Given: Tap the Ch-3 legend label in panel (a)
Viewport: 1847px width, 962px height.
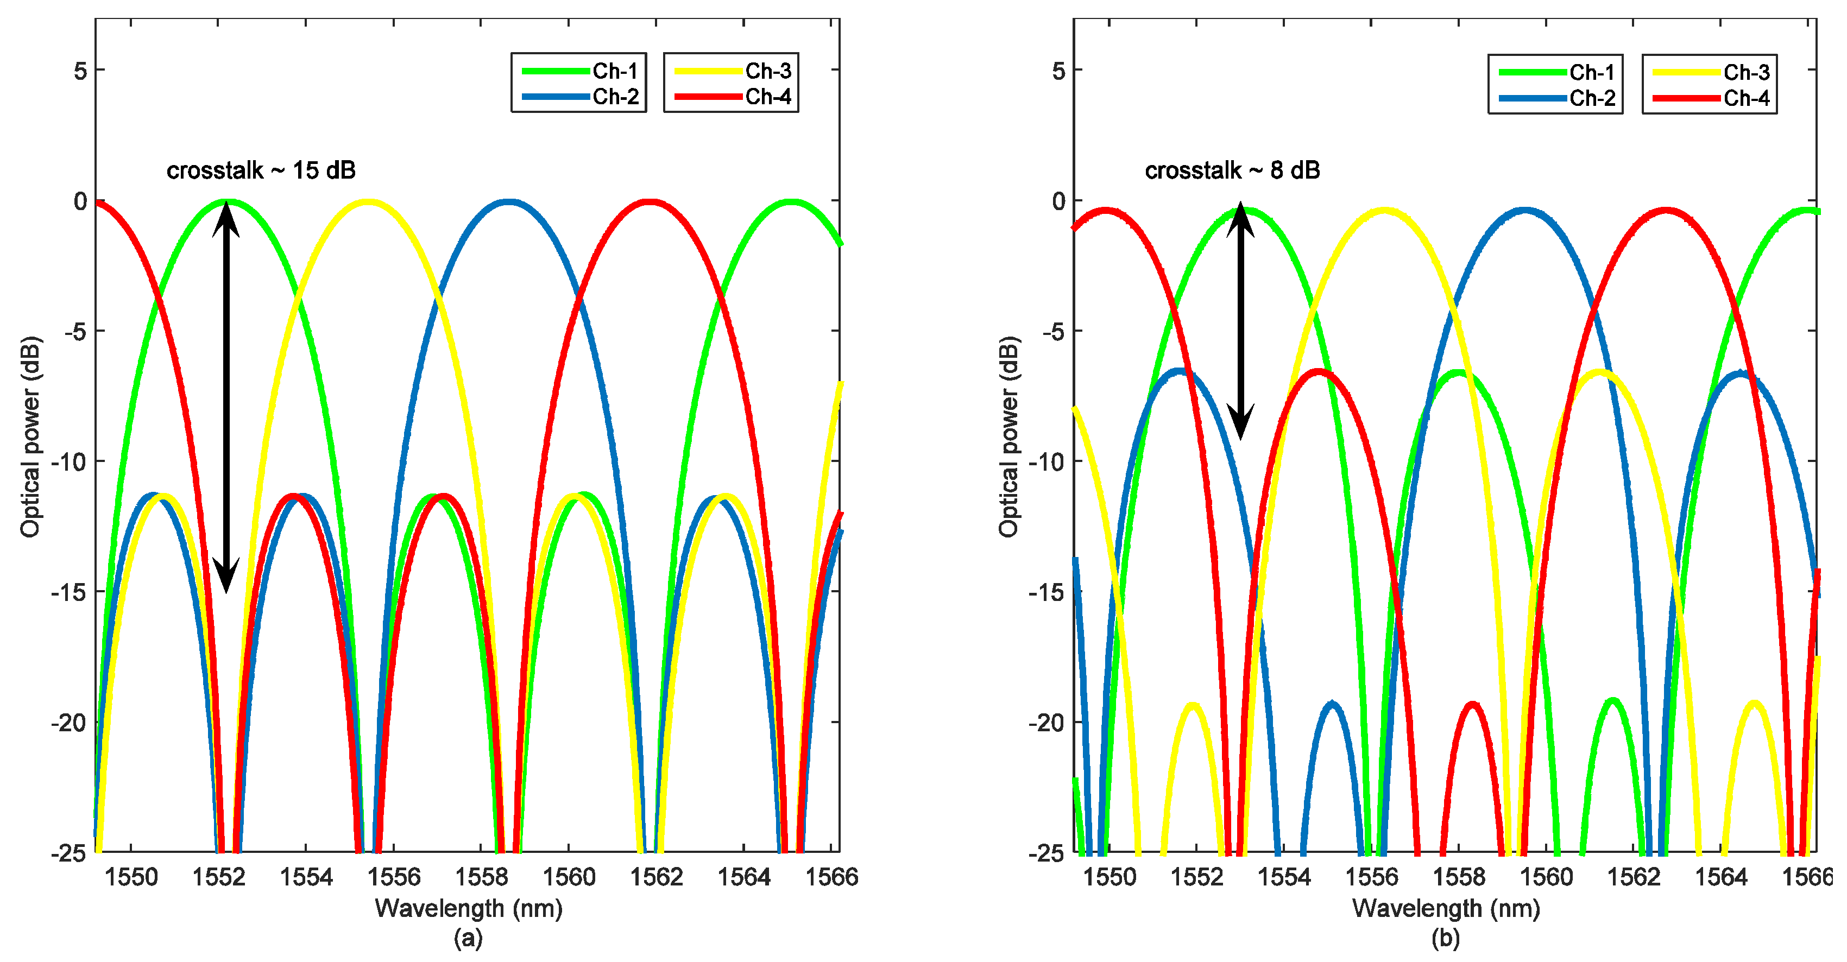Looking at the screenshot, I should pos(768,71).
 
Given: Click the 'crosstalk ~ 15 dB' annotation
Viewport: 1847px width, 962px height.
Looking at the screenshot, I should pos(261,170).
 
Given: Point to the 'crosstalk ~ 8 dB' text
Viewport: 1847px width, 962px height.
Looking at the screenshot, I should pos(1232,170).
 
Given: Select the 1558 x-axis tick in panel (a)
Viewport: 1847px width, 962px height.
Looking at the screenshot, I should pos(481,877).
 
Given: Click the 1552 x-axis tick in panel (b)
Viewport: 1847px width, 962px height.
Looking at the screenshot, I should pos(1196,877).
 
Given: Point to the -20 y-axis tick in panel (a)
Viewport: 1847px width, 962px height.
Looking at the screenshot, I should pos(69,723).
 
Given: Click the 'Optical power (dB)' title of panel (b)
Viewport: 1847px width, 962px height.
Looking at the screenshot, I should pos(1009,436).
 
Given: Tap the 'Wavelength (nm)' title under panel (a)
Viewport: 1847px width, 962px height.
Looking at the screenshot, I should pos(468,909).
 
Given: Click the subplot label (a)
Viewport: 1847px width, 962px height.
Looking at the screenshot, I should pos(468,938).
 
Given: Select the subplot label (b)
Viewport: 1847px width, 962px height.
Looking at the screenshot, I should pos(1446,938).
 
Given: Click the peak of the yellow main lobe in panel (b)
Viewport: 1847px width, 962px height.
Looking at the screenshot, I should pos(1385,211).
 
